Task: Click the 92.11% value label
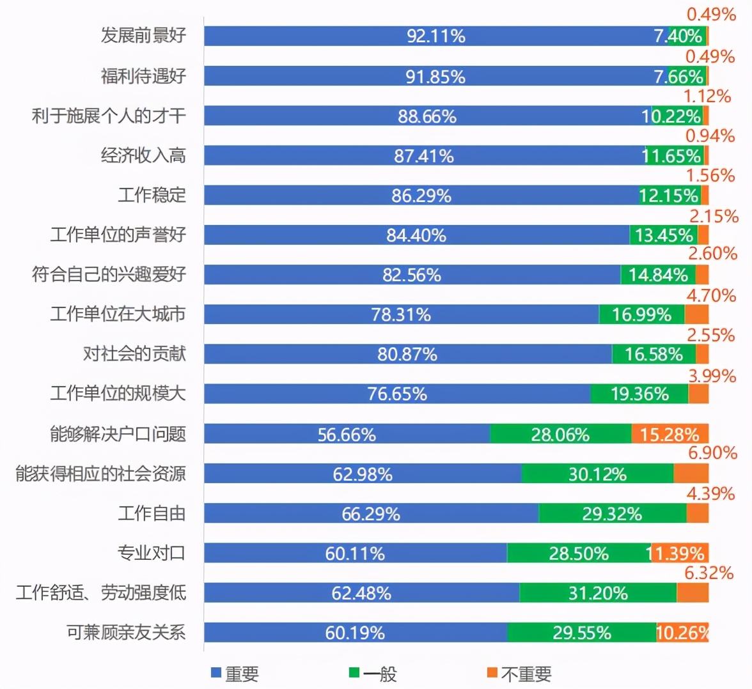tap(436, 36)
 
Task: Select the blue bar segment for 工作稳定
tap(421, 196)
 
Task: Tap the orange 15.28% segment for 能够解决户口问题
tap(670, 435)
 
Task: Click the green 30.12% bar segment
tap(597, 474)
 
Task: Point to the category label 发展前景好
tap(143, 35)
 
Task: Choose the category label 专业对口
tap(152, 553)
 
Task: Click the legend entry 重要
tap(235, 674)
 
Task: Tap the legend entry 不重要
tap(519, 674)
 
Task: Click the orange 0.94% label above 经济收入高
tap(710, 135)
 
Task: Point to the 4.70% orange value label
tap(711, 295)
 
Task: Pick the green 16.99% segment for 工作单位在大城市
tap(641, 314)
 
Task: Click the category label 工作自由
tap(152, 513)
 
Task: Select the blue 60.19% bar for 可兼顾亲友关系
tap(356, 633)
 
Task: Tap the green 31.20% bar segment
tap(598, 593)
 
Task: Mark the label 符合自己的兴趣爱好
tap(109, 274)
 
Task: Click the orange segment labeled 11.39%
tap(680, 554)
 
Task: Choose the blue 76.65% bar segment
tap(396, 394)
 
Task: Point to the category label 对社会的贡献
tap(134, 353)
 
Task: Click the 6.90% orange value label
tap(712, 453)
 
